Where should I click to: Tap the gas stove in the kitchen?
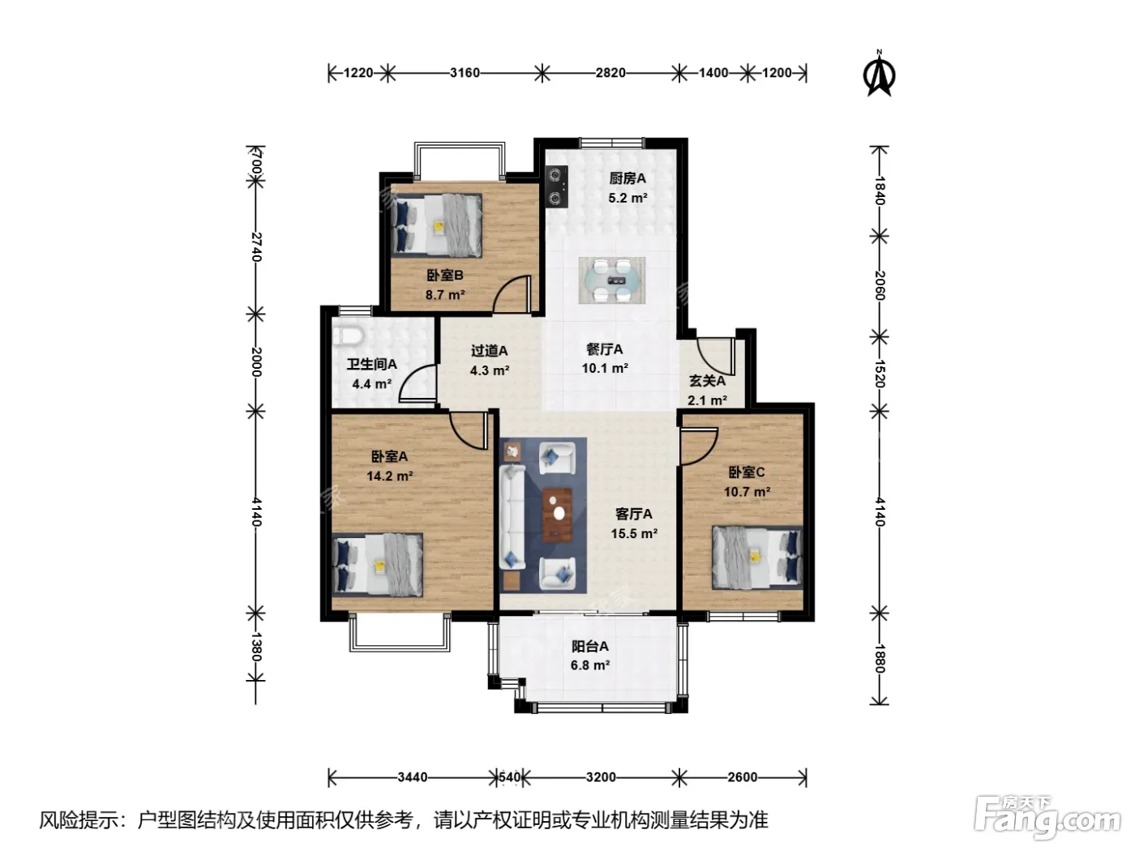pos(557,186)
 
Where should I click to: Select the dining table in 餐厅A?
pos(612,280)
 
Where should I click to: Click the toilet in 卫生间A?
pos(348,336)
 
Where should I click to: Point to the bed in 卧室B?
pos(437,225)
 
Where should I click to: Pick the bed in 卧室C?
pos(757,558)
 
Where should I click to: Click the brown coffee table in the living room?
pos(558,515)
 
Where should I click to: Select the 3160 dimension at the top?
pos(465,73)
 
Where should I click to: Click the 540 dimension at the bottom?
pos(509,776)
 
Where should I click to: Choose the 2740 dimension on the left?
pos(256,247)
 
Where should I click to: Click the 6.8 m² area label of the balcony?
pos(590,665)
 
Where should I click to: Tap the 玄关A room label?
pos(707,381)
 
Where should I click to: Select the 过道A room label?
pos(489,351)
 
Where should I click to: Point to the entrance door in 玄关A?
pos(716,357)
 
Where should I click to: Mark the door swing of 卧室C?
pos(699,447)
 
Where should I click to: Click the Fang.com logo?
pos(1047,816)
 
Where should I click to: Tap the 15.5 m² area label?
pos(634,533)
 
